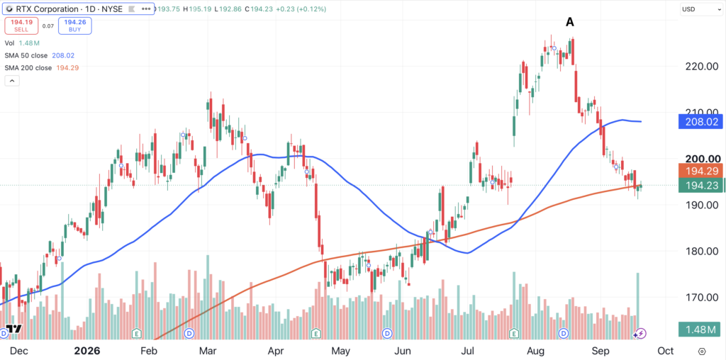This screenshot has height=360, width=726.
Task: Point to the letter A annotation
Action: [570, 22]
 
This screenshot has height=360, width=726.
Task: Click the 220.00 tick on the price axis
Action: [701, 66]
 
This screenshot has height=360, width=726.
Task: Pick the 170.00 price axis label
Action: [701, 297]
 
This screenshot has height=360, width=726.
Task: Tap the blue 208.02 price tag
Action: [700, 122]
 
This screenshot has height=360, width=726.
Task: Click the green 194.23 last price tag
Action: [700, 186]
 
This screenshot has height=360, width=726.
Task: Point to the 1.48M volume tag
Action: [700, 330]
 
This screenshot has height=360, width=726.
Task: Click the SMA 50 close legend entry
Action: [40, 55]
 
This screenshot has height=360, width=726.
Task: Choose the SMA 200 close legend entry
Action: [41, 67]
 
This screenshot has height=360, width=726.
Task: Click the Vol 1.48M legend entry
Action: [22, 43]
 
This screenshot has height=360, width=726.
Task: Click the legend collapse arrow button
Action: [11, 81]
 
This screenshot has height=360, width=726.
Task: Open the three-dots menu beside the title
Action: [146, 9]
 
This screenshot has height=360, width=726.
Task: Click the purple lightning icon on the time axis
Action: [640, 333]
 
